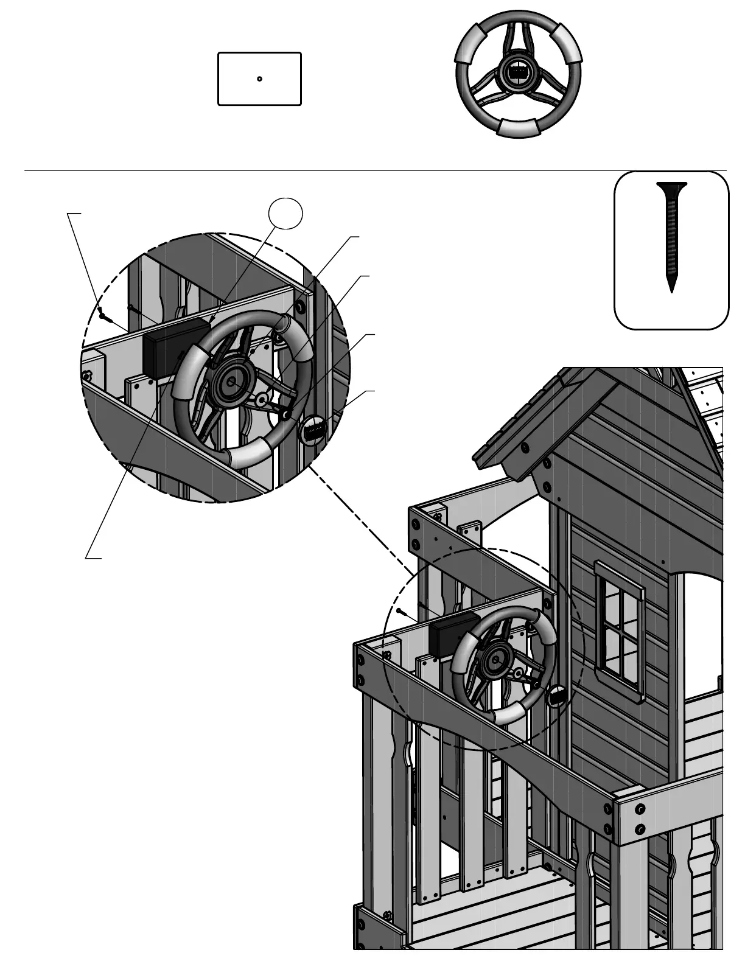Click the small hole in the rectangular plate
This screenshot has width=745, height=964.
pos(259,79)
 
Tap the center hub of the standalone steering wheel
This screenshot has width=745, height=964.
pos(519,72)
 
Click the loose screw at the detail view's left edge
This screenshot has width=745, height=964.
pos(102,315)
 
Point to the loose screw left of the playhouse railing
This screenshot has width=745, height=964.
pos(400,610)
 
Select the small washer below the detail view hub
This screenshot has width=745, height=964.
pos(261,400)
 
